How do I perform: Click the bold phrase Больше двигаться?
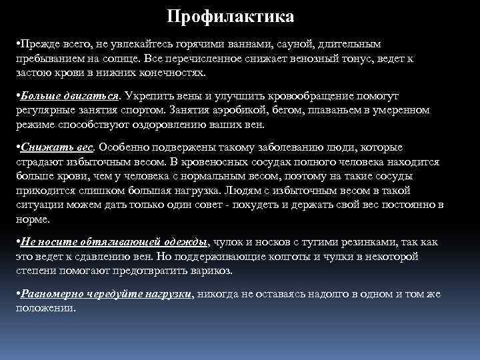[x=70, y=95]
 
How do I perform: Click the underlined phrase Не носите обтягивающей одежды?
[x=115, y=241]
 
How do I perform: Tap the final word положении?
[x=46, y=309]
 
